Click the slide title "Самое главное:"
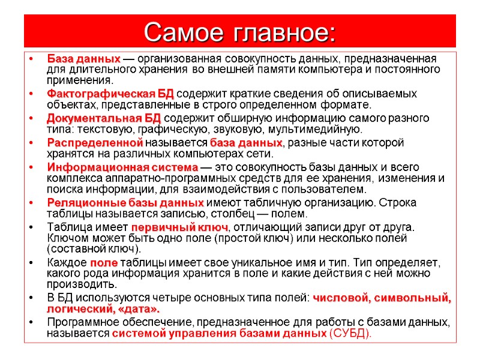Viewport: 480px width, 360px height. tap(240, 31)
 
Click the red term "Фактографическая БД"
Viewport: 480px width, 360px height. tap(110, 94)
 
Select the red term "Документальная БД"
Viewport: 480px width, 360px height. tap(104, 118)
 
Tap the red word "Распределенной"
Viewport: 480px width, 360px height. tap(95, 143)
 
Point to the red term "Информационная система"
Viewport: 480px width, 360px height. tap(122, 167)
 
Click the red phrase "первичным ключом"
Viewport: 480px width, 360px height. tap(179, 227)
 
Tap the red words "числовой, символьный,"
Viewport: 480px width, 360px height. tap(382, 298)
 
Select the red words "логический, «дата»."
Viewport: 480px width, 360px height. tap(103, 309)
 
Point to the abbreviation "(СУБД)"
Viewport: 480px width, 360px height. tap(351, 334)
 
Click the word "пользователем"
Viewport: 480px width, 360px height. tap(332, 189)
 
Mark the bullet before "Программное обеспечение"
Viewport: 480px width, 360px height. tap(30, 322)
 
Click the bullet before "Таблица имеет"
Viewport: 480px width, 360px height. tap(30, 227)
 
